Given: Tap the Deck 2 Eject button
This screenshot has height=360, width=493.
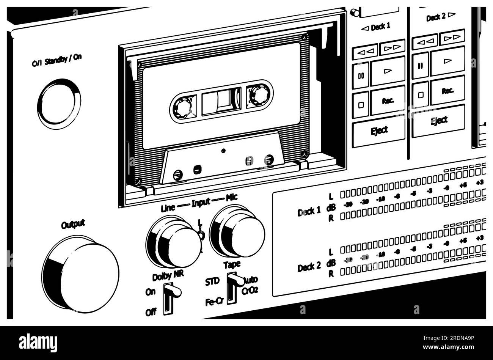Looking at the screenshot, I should pyautogui.click(x=439, y=121).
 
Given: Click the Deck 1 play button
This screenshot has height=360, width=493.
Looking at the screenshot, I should pyautogui.click(x=388, y=71).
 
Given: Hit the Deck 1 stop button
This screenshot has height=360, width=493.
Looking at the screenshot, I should pyautogui.click(x=361, y=104).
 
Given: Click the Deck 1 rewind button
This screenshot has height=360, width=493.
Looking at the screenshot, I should pyautogui.click(x=364, y=51).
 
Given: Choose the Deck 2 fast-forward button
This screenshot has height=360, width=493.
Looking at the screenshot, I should pyautogui.click(x=452, y=37).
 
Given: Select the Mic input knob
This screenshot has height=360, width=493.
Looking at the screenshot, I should pyautogui.click(x=238, y=231).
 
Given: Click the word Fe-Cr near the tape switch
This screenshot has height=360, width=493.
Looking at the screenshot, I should pyautogui.click(x=214, y=302).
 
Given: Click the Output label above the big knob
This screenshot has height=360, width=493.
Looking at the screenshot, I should pyautogui.click(x=73, y=225).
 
